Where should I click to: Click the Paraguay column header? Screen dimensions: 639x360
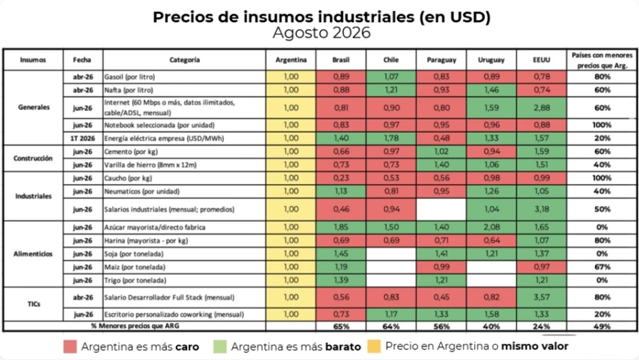[x=442, y=60]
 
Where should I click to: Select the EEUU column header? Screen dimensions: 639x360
[x=542, y=60]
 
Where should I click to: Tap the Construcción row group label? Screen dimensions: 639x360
[x=33, y=158]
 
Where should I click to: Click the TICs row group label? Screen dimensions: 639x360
[x=33, y=304]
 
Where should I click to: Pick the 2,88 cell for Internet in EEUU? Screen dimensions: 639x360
[x=542, y=108]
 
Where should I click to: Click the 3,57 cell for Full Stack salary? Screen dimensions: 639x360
[x=542, y=298]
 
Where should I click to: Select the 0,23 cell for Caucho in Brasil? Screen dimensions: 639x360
[x=341, y=178]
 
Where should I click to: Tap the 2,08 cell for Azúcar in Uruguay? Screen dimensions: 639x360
[x=491, y=227]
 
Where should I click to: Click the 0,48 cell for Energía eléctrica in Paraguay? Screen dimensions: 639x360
[x=442, y=138]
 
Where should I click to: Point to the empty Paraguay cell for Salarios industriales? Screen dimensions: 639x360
[x=442, y=209]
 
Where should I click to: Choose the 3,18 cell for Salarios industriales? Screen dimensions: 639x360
[x=542, y=209]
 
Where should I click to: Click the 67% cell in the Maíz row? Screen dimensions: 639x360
[x=601, y=267]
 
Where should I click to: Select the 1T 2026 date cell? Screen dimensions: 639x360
[x=83, y=138]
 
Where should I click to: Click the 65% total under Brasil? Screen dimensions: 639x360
[x=341, y=326]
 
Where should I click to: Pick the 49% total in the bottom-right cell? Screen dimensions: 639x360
[x=601, y=326]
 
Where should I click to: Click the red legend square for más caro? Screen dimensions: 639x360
[x=70, y=347]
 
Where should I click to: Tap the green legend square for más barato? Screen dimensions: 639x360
[x=220, y=347]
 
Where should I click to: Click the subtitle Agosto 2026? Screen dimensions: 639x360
[x=322, y=33]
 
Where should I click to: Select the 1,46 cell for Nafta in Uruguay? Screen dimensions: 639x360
[x=491, y=90]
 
